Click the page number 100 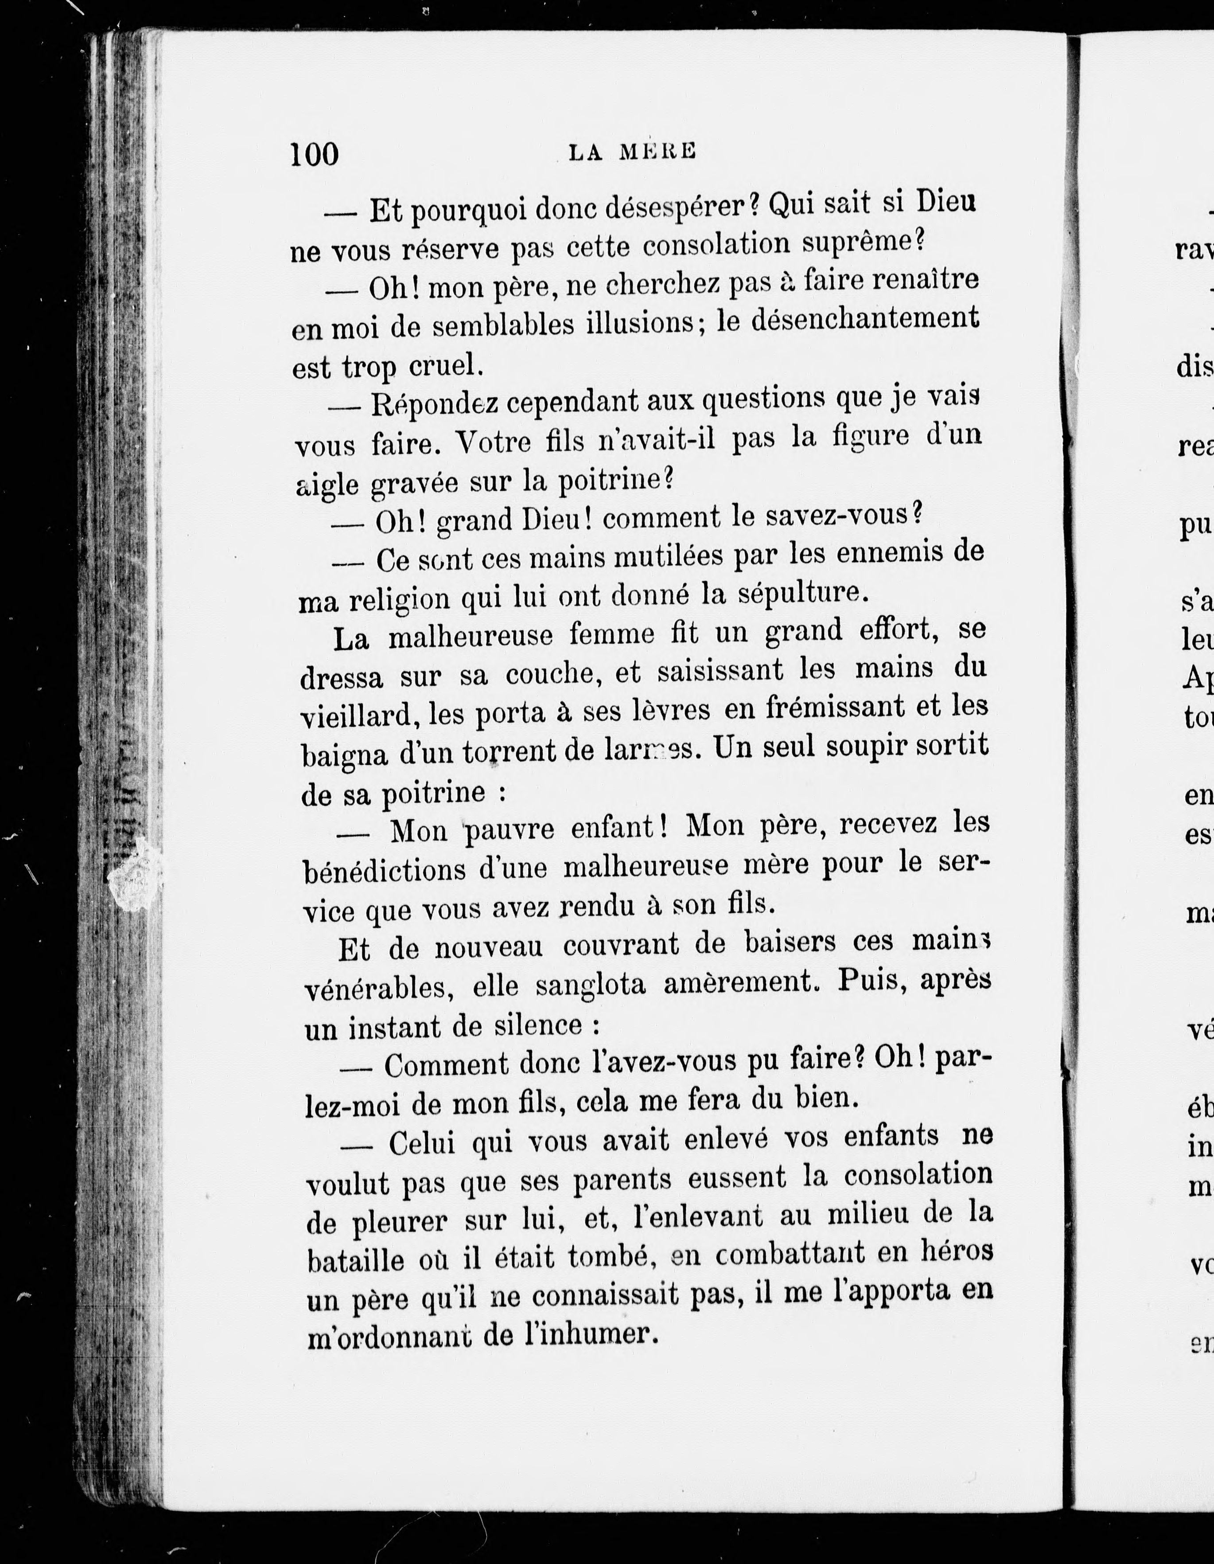[314, 154]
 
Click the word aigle [327, 485]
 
